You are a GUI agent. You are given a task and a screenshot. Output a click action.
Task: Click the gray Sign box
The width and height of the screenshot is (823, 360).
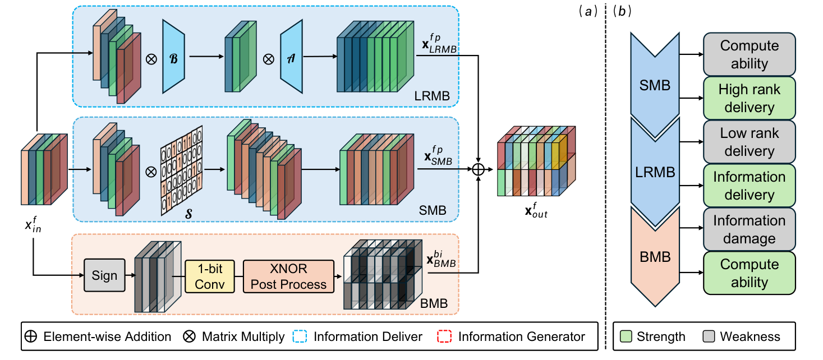(104, 275)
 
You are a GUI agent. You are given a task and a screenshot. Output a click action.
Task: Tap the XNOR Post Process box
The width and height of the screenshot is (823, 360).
(288, 276)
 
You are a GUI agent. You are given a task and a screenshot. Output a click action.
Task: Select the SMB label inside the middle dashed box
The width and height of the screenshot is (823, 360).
(433, 211)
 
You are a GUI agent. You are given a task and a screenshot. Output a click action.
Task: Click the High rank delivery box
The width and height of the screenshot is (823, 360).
(749, 98)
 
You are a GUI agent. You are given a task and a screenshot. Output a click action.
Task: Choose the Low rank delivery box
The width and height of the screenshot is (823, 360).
(749, 141)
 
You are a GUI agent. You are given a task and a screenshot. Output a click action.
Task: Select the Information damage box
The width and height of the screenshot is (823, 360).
(749, 229)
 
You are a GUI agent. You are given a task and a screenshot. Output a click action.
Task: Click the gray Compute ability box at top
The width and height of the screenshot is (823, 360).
(749, 54)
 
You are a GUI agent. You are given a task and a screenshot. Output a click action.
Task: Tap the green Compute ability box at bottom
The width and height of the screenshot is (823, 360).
(749, 273)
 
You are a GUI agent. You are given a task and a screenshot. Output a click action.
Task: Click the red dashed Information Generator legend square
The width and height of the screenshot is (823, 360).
(443, 336)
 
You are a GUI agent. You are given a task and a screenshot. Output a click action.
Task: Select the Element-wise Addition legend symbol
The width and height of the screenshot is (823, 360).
(31, 336)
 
